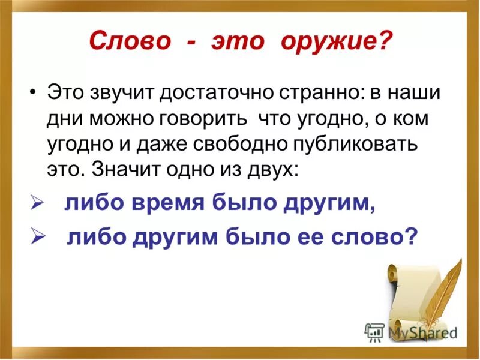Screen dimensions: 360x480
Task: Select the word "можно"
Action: tap(122, 118)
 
